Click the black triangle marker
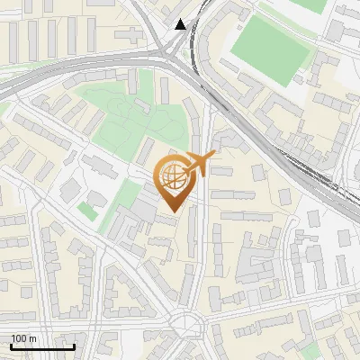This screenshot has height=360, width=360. pos(181,24)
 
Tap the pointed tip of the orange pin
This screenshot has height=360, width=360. pos(171,211)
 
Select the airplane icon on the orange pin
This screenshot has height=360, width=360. pos(197,164)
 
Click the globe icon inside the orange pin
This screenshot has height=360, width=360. pos(171,177)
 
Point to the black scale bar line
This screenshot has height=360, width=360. pos(42,346)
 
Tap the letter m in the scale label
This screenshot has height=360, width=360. pos(32,338)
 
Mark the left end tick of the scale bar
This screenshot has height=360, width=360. pos(11,345)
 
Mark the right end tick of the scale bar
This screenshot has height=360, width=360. pos(74,345)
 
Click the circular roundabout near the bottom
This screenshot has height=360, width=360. pos(188,323)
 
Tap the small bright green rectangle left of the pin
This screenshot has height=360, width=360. pos(86,210)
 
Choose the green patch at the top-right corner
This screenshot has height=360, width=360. pos(310,4)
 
